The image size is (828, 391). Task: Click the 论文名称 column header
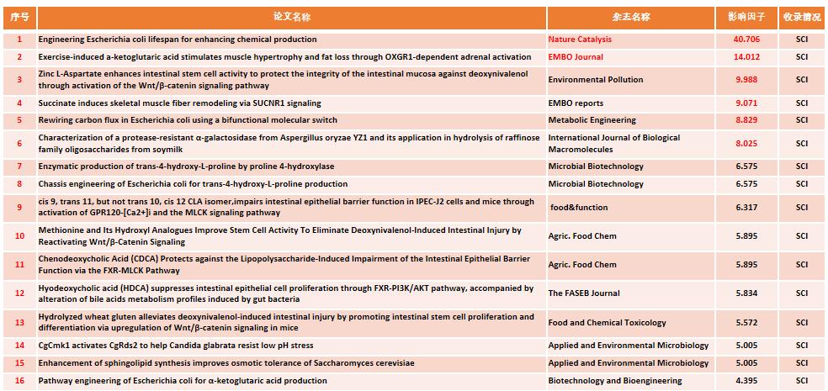[291, 17]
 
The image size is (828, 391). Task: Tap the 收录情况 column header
[801, 17]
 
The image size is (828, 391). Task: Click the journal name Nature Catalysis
[580, 40]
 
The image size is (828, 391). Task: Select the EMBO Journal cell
[576, 57]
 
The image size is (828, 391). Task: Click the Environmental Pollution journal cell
[595, 80]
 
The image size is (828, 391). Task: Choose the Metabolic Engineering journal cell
[592, 120]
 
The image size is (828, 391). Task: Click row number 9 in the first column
[19, 207]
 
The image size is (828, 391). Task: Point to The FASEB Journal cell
[584, 293]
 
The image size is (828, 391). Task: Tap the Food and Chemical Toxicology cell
[607, 322]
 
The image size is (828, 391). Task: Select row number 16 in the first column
[19, 381]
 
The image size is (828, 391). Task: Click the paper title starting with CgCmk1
[175, 346]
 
